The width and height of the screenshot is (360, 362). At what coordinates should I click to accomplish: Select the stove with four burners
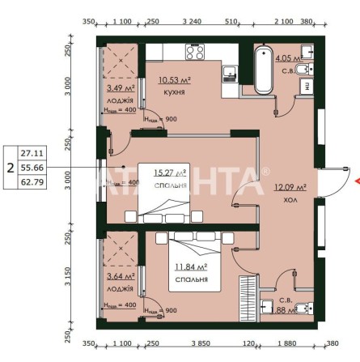[x=195, y=53]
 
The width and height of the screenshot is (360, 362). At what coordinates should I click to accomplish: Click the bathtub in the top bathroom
[x=264, y=71]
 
